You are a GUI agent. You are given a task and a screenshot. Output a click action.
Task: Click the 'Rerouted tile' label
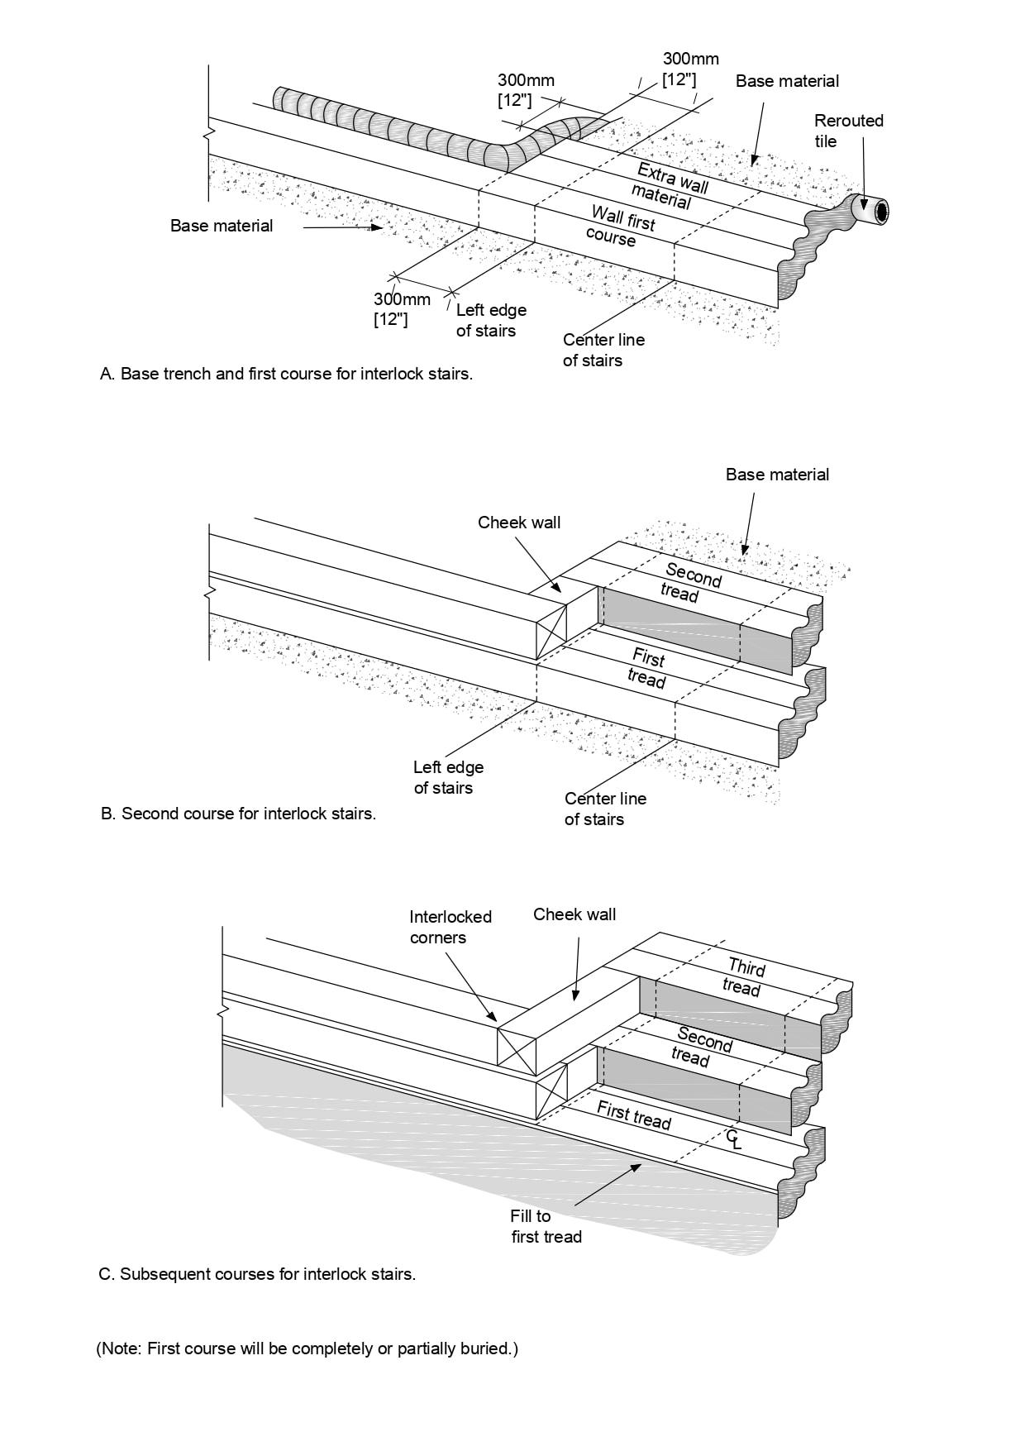click(x=848, y=131)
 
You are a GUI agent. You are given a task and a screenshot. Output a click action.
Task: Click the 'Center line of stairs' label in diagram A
click(x=603, y=350)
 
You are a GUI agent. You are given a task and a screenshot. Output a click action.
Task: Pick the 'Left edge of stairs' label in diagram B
click(x=448, y=777)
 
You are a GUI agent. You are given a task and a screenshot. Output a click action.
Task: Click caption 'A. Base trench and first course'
click(x=286, y=374)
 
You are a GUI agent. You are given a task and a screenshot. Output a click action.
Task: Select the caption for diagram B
click(x=238, y=814)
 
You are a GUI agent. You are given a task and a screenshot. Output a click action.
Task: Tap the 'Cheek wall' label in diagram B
click(x=519, y=523)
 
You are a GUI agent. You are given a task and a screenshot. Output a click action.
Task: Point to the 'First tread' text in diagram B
click(x=647, y=668)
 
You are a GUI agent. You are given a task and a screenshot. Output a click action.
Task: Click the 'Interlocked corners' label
click(x=451, y=927)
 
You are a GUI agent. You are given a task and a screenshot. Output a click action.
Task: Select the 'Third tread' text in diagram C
click(x=744, y=976)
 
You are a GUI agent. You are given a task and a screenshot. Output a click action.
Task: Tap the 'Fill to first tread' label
click(x=546, y=1226)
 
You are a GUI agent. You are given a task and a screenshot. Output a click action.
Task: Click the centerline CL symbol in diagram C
click(x=733, y=1139)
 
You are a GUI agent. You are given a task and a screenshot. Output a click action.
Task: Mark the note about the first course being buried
click(x=307, y=1348)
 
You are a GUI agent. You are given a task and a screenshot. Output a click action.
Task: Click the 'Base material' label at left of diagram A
click(x=222, y=226)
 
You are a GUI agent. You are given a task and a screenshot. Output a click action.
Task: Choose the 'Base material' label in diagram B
click(x=777, y=475)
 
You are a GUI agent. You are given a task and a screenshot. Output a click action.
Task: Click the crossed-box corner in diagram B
click(x=551, y=632)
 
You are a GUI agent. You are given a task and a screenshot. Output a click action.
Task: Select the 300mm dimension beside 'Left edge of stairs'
click(x=401, y=308)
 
